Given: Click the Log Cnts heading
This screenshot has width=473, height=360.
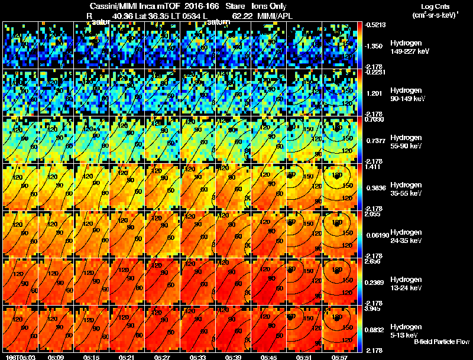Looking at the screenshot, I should pos(434,6).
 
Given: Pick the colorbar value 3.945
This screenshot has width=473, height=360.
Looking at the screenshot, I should pos(374,308).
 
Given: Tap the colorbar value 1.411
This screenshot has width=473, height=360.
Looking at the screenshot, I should pos(374,167).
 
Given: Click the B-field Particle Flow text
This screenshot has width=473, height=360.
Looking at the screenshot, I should pos(442,342).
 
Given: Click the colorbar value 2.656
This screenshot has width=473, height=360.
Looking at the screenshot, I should pos(374,261).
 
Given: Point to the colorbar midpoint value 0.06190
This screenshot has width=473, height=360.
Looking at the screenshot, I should pos(375,235).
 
